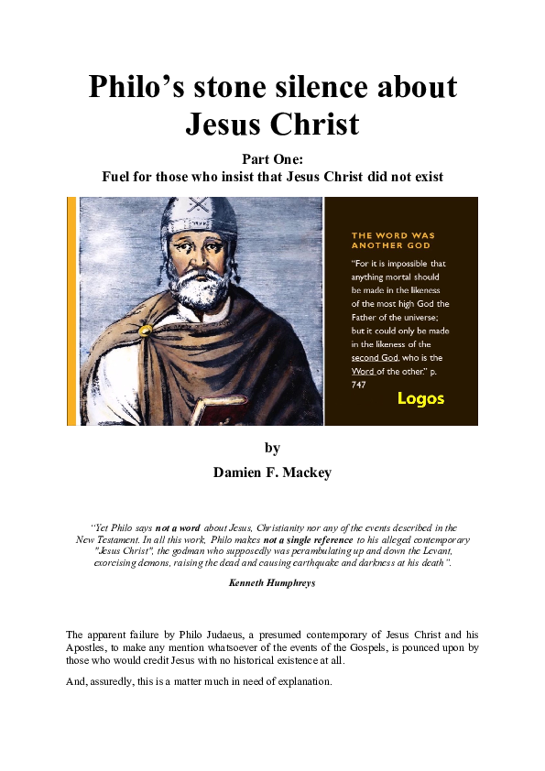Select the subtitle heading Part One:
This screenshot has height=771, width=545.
point(271,158)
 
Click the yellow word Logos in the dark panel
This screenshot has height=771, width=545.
point(420,398)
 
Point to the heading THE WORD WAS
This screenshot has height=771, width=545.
point(393,235)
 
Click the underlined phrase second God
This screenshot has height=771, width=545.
point(375,357)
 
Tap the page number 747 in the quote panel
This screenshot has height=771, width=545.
point(359,385)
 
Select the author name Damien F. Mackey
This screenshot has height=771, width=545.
point(271,472)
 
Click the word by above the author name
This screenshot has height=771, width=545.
point(271,448)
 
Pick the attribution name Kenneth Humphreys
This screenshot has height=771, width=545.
point(271,582)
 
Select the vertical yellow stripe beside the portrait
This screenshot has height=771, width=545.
point(71,311)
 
